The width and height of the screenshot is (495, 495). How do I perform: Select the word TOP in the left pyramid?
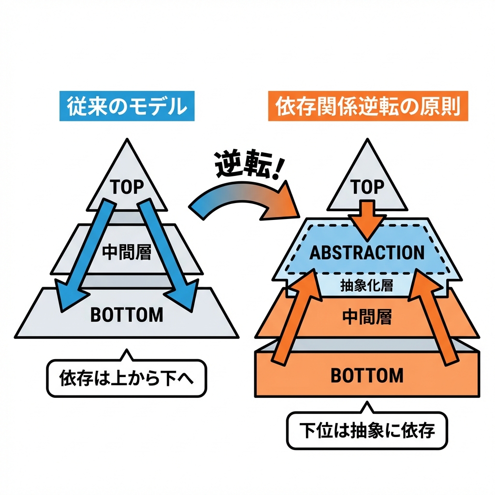[127, 188]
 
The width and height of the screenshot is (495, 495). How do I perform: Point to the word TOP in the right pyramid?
[367, 188]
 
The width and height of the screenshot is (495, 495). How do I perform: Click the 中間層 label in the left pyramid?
[127, 252]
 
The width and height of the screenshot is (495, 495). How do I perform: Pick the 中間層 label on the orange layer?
[367, 317]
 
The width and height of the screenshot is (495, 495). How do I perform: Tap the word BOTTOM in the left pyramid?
[127, 315]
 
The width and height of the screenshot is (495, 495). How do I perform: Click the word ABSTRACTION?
[367, 252]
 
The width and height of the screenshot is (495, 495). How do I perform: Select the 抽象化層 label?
[367, 286]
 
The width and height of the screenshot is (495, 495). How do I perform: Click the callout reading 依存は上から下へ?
[127, 378]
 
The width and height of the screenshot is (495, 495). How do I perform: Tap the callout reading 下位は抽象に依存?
[367, 430]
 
